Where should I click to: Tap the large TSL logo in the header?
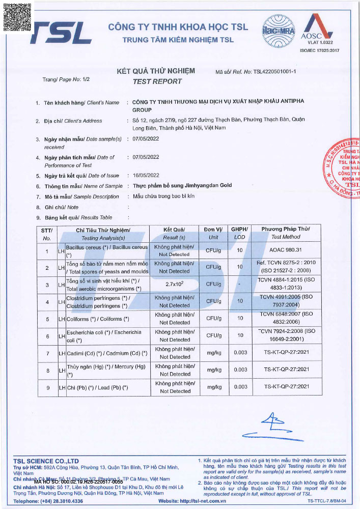coord(61,33)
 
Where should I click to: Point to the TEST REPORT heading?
coord(157,81)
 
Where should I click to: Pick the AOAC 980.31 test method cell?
coord(287,250)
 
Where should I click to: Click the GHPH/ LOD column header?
coord(239,233)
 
